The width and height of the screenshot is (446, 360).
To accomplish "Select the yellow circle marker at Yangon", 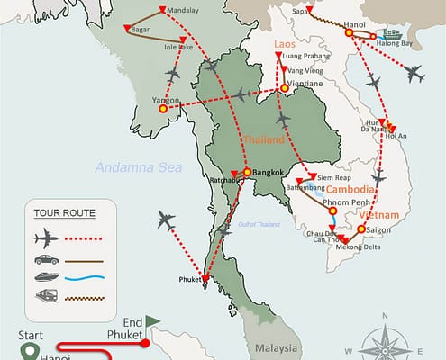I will pyautogui.click(x=162, y=109).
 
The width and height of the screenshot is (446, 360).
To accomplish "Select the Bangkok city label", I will pyautogui.click(x=269, y=173).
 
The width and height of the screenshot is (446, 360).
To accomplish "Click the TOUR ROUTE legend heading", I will pyautogui.click(x=64, y=213).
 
